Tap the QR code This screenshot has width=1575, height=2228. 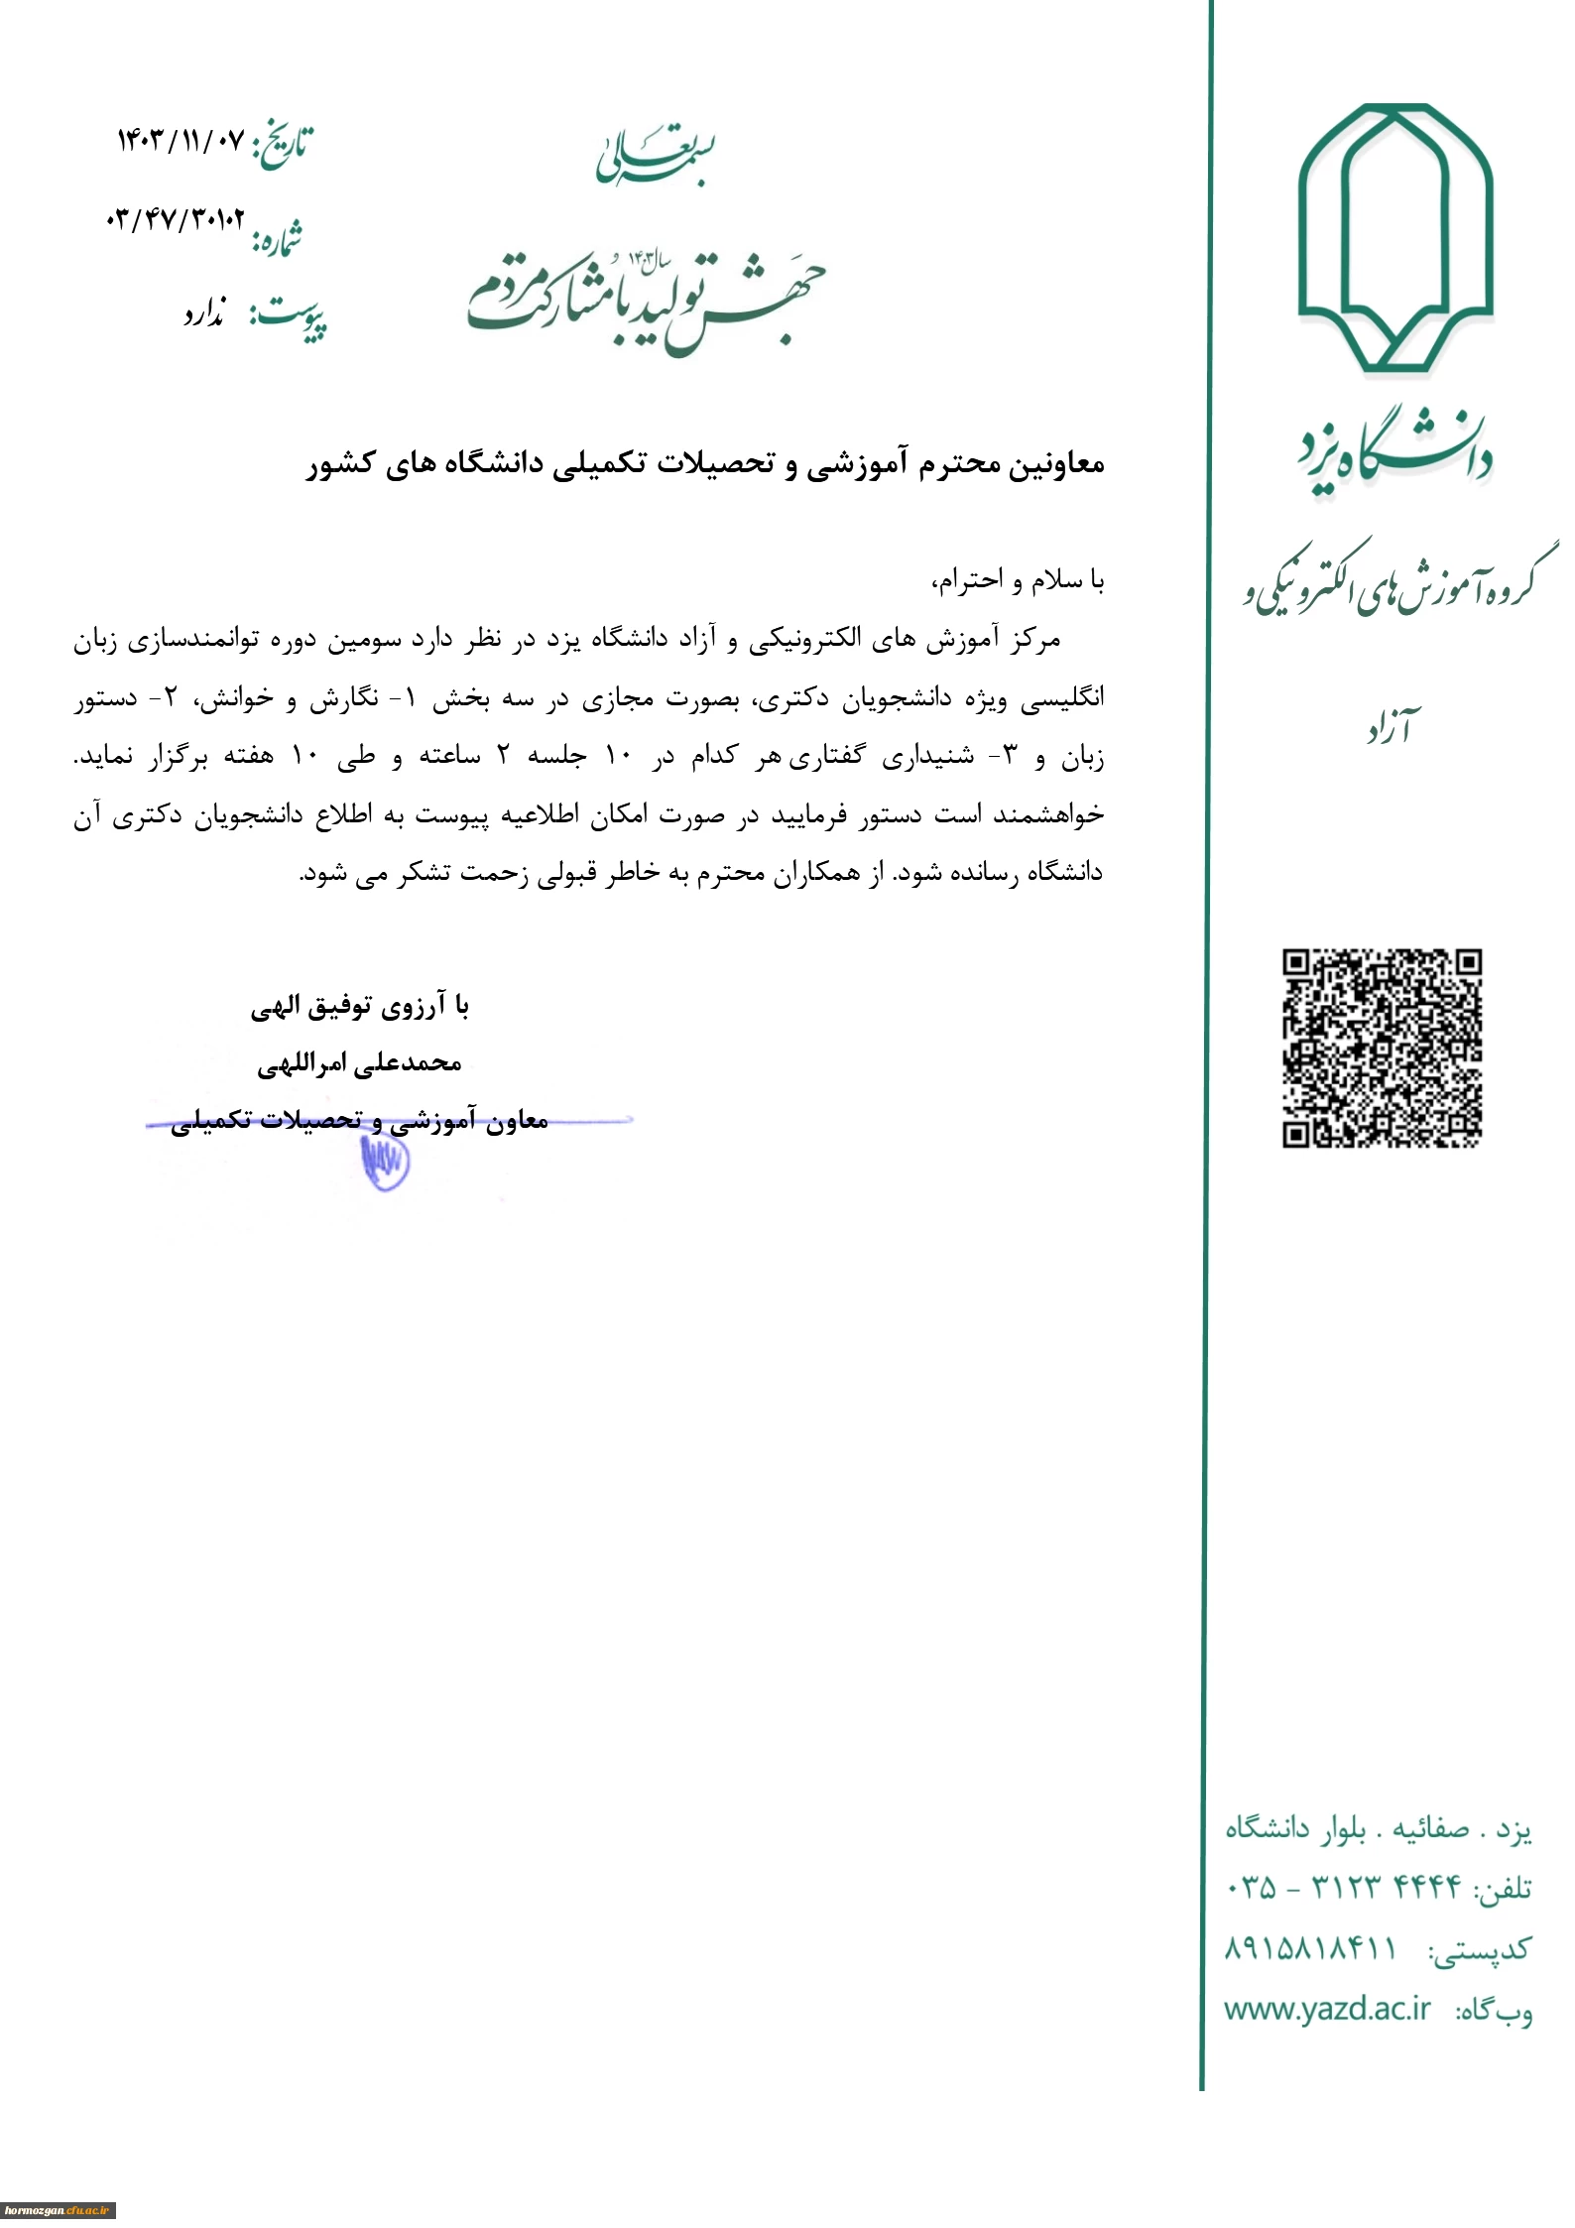pos(1382,1048)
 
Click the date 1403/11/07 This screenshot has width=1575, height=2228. pos(180,140)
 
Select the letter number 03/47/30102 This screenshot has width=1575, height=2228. pos(175,219)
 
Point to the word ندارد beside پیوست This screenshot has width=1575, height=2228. pos(204,315)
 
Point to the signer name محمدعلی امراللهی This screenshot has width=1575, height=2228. pos(359,1064)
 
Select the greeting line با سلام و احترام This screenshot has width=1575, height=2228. pos(1017,580)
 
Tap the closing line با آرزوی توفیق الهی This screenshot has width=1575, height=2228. pos(359,1008)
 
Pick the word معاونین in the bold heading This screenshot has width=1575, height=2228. pos(1056,464)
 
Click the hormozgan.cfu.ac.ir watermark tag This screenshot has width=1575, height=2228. pos(59,2210)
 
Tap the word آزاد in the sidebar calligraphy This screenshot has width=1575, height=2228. pos(1392,730)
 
